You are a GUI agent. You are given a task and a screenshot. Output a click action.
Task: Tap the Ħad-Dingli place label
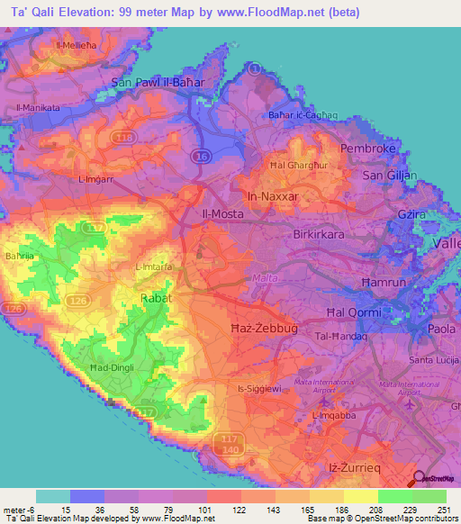[112, 367]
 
